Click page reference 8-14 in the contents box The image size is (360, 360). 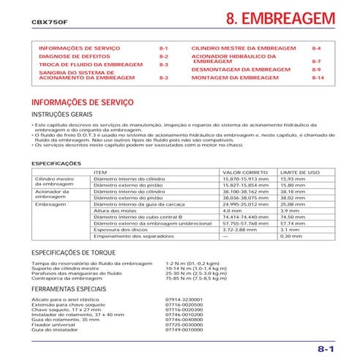tap(317, 77)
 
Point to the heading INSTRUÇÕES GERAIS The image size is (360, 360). tap(61, 116)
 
